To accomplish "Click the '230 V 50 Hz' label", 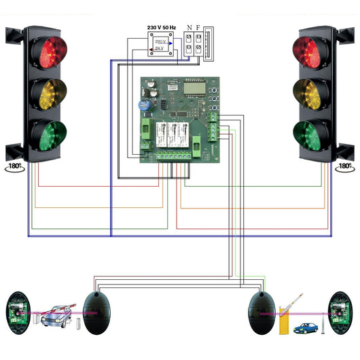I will click(x=162, y=27).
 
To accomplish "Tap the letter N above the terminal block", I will click(x=188, y=28).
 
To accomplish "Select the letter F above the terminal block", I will click(x=198, y=28).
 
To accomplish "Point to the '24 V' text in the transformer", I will click(x=159, y=50).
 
